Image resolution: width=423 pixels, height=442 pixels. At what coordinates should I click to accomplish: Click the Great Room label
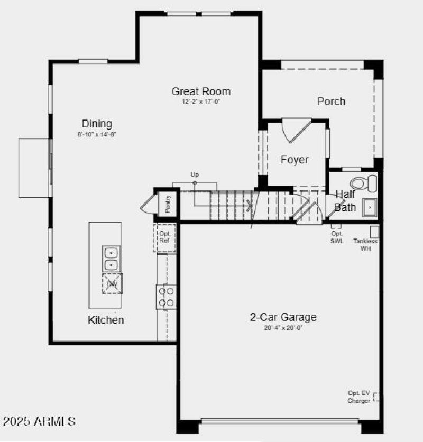click(201, 91)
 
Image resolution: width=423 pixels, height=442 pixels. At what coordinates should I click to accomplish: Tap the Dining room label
click(97, 124)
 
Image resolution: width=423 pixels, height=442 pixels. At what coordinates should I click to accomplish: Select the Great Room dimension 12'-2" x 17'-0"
click(201, 102)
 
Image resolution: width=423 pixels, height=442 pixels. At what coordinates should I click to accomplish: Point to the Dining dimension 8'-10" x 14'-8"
click(97, 134)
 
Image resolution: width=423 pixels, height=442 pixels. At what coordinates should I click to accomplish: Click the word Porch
click(331, 101)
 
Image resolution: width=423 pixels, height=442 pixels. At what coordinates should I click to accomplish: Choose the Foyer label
click(295, 160)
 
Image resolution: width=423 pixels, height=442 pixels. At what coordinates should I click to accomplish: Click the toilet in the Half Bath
click(364, 183)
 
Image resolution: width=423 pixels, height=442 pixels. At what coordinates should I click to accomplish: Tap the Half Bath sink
click(369, 208)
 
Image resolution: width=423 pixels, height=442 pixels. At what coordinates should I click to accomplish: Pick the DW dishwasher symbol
click(112, 283)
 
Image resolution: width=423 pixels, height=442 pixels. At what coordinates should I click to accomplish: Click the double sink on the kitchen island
click(111, 259)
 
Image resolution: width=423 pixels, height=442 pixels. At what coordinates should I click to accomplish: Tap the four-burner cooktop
click(167, 297)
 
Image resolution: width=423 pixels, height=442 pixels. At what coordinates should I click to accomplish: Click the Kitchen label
click(106, 320)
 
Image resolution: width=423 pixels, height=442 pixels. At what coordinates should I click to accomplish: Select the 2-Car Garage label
click(283, 317)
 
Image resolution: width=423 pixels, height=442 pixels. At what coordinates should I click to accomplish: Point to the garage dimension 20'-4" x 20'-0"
click(283, 328)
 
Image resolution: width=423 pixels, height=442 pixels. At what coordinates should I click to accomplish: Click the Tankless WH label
click(366, 245)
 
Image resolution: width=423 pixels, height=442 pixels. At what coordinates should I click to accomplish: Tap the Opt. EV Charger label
click(359, 397)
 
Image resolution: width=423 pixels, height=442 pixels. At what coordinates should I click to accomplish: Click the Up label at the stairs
click(195, 174)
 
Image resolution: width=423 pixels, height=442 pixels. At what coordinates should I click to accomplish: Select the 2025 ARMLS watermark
click(39, 421)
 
